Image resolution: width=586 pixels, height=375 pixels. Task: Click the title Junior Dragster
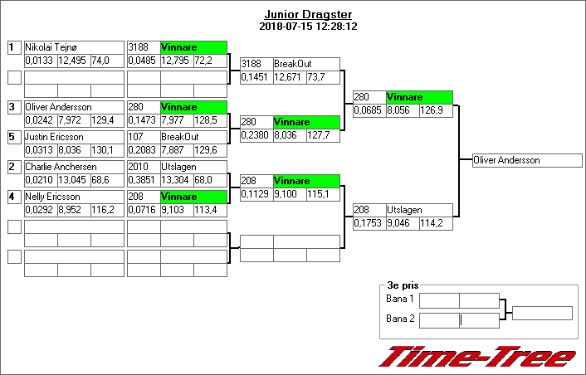tap(308, 15)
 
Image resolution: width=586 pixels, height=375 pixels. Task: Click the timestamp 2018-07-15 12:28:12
tap(308, 27)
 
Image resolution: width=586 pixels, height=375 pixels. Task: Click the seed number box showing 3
tap(13, 107)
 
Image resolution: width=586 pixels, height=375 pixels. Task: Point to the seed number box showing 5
tap(13, 137)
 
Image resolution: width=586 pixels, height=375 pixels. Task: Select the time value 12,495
tap(73, 61)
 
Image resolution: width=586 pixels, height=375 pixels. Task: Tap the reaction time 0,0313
tap(40, 150)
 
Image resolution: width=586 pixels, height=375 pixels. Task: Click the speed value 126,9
tap(436, 110)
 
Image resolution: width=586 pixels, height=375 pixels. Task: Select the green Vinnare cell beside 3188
tap(193, 48)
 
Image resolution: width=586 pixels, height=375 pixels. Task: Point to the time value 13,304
tap(176, 180)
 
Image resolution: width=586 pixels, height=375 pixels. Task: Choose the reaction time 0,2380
tap(256, 134)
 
